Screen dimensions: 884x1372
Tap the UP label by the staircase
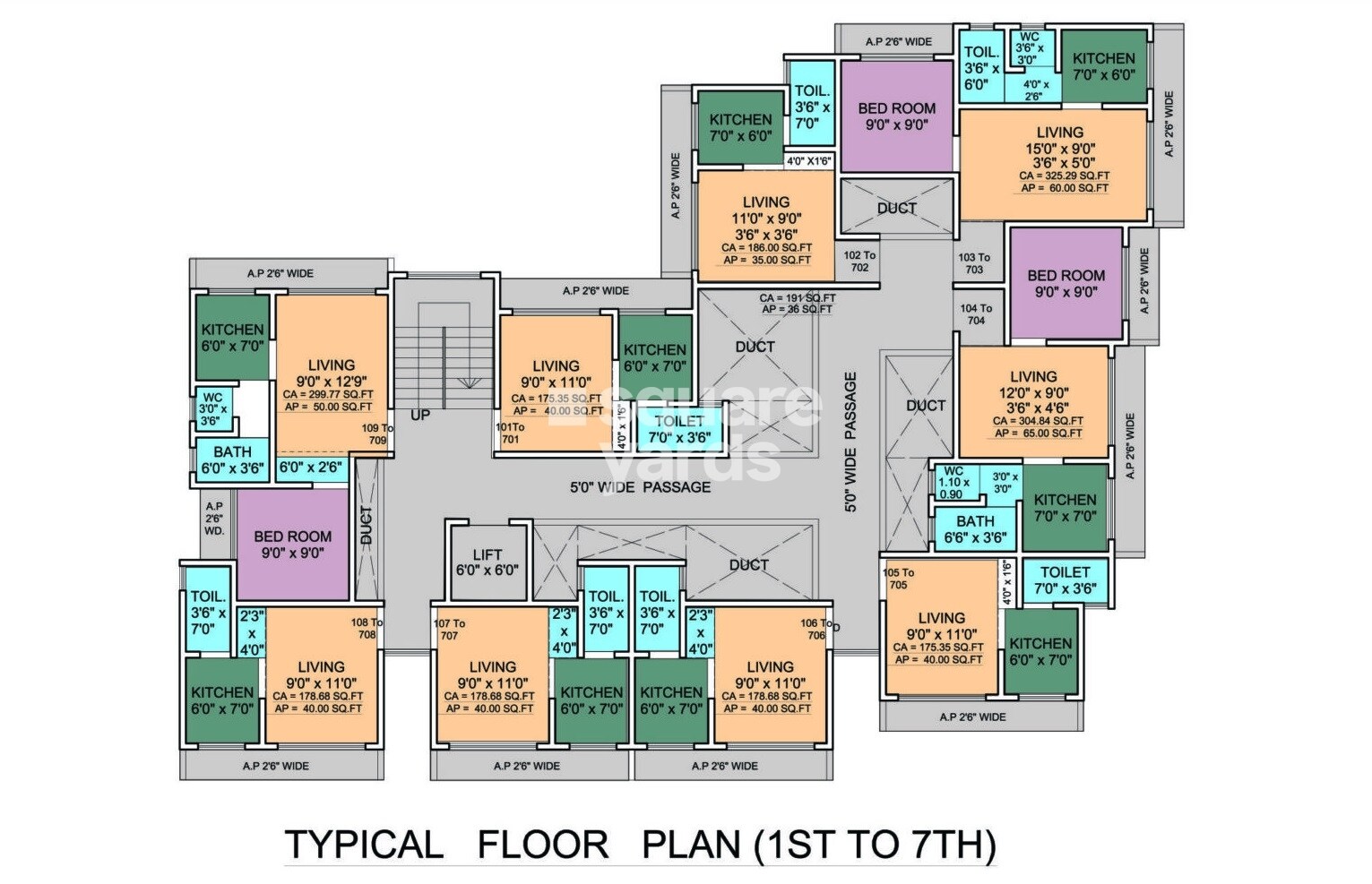point(419,416)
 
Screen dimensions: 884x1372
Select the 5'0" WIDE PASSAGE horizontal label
point(640,487)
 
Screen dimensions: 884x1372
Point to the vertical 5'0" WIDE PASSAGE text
point(850,442)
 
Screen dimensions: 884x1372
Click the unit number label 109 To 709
point(376,434)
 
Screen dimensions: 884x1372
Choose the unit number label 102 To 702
point(859,261)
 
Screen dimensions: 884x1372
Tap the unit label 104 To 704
point(976,314)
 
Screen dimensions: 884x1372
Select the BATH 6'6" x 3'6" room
point(975,529)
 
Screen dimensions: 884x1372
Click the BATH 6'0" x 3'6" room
point(232,459)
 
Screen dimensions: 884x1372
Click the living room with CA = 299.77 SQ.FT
point(331,376)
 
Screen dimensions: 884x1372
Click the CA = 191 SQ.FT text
point(797,298)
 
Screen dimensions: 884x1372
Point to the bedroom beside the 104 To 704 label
point(1066,283)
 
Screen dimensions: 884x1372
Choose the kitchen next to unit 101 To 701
point(654,356)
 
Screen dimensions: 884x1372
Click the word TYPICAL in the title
point(363,844)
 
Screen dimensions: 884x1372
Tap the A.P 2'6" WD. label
point(213,519)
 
